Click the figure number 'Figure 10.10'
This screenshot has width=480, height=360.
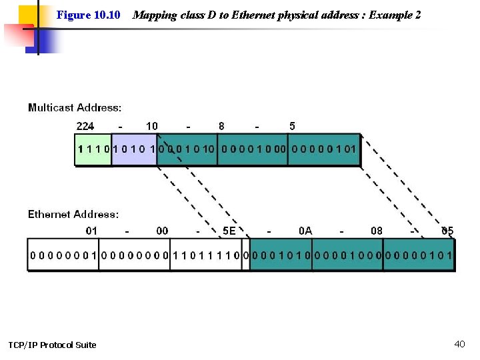tap(88, 15)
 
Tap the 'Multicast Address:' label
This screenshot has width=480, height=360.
tap(75, 107)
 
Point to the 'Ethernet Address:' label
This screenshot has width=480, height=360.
tap(73, 214)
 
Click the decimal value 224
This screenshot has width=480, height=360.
tap(85, 126)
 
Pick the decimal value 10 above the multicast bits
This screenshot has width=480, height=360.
tap(152, 126)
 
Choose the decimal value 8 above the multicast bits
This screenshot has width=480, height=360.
tap(221, 126)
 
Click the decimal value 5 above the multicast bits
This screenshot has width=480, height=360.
tap(292, 126)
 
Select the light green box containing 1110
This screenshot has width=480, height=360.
tap(93, 149)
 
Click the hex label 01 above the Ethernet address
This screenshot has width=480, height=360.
tap(91, 231)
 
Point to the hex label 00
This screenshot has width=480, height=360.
tap(162, 231)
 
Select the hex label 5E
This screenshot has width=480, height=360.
tap(229, 231)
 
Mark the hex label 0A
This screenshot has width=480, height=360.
tap(305, 231)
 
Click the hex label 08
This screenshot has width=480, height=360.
tap(377, 231)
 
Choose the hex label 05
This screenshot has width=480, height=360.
tap(447, 231)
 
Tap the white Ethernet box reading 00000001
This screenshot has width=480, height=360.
tap(63, 255)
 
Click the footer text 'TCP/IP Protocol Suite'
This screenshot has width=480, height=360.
tap(52, 345)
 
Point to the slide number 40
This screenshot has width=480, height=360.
tap(459, 344)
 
